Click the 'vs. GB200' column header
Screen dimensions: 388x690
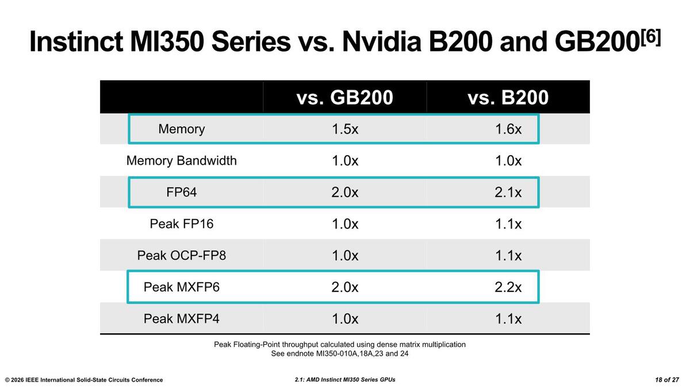[344, 98]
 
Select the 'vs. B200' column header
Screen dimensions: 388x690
[508, 98]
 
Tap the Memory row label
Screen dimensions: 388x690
[181, 129]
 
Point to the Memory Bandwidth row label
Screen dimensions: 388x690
[181, 160]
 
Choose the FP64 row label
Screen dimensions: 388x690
[181, 192]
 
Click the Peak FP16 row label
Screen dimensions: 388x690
[181, 224]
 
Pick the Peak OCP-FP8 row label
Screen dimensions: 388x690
[181, 255]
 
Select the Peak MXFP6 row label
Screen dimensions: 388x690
[181, 287]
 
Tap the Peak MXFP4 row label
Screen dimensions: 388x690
[181, 318]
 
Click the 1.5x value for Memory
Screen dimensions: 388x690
[344, 129]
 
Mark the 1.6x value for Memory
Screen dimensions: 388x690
[508, 129]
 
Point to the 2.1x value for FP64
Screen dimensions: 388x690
[508, 192]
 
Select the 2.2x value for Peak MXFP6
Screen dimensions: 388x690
[508, 287]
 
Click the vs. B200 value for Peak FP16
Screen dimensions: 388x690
[508, 224]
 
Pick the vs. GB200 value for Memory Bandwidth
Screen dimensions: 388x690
[344, 160]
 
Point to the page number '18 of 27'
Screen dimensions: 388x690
[667, 380]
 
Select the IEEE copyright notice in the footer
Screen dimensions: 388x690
[84, 380]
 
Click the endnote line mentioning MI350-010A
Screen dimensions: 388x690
[339, 354]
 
